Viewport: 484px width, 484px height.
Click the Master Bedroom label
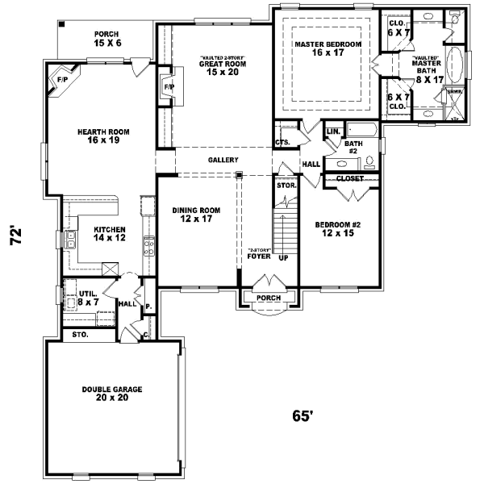328,48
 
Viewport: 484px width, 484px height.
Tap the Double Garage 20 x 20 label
112,394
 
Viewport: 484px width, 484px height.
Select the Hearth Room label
103,136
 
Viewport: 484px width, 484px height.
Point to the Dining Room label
196,215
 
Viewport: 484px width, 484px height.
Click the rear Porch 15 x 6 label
107,37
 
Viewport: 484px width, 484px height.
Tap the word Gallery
222,161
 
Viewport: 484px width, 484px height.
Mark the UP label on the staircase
282,259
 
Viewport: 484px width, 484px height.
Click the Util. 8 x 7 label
87,297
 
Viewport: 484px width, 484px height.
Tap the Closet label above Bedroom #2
349,178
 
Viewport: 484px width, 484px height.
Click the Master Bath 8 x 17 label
427,69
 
